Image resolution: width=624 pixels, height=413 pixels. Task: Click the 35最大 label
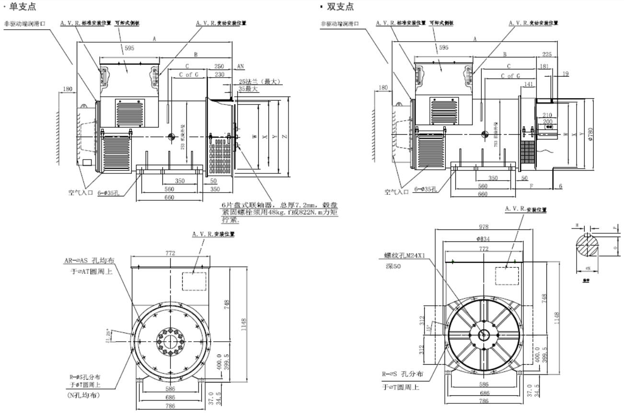[x=248, y=89]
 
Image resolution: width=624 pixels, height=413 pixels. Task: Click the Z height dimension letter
[x=285, y=137]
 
